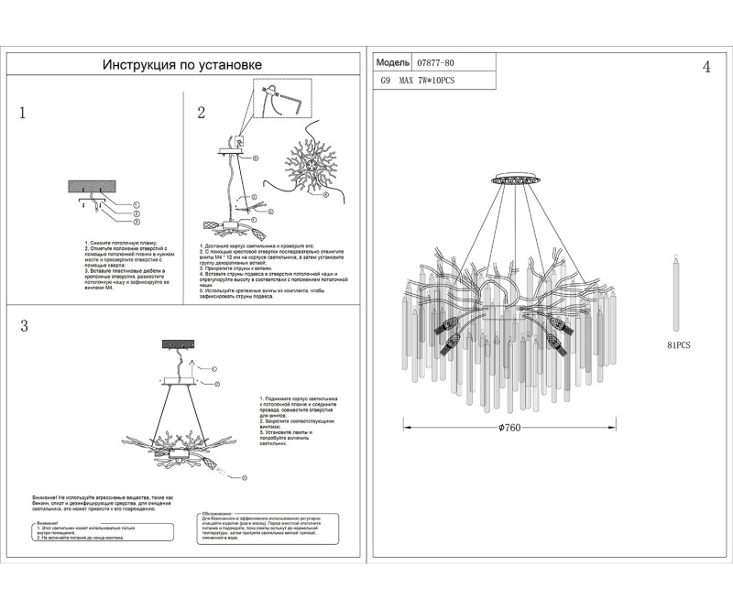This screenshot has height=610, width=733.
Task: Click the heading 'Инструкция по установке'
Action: click(x=182, y=65)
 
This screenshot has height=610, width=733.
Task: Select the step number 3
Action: click(x=24, y=326)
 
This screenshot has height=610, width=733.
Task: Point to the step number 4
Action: click(x=706, y=67)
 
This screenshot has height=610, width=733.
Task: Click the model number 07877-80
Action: click(x=435, y=63)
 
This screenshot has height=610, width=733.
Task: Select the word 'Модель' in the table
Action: click(x=393, y=63)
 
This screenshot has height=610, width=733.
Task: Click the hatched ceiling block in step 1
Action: click(x=93, y=185)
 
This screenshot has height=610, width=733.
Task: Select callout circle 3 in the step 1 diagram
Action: click(x=136, y=223)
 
